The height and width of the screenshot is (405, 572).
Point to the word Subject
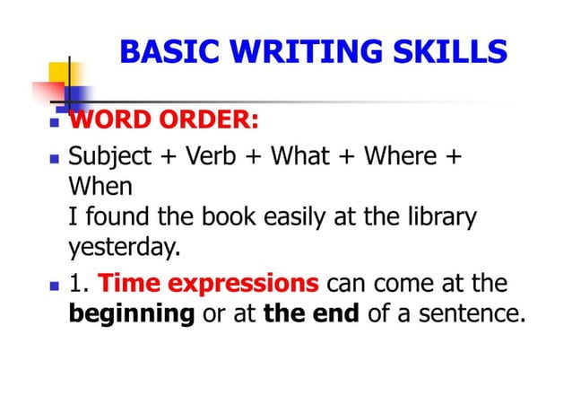point(110,156)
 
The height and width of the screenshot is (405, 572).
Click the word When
point(100,187)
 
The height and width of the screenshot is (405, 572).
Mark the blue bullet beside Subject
point(55,158)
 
